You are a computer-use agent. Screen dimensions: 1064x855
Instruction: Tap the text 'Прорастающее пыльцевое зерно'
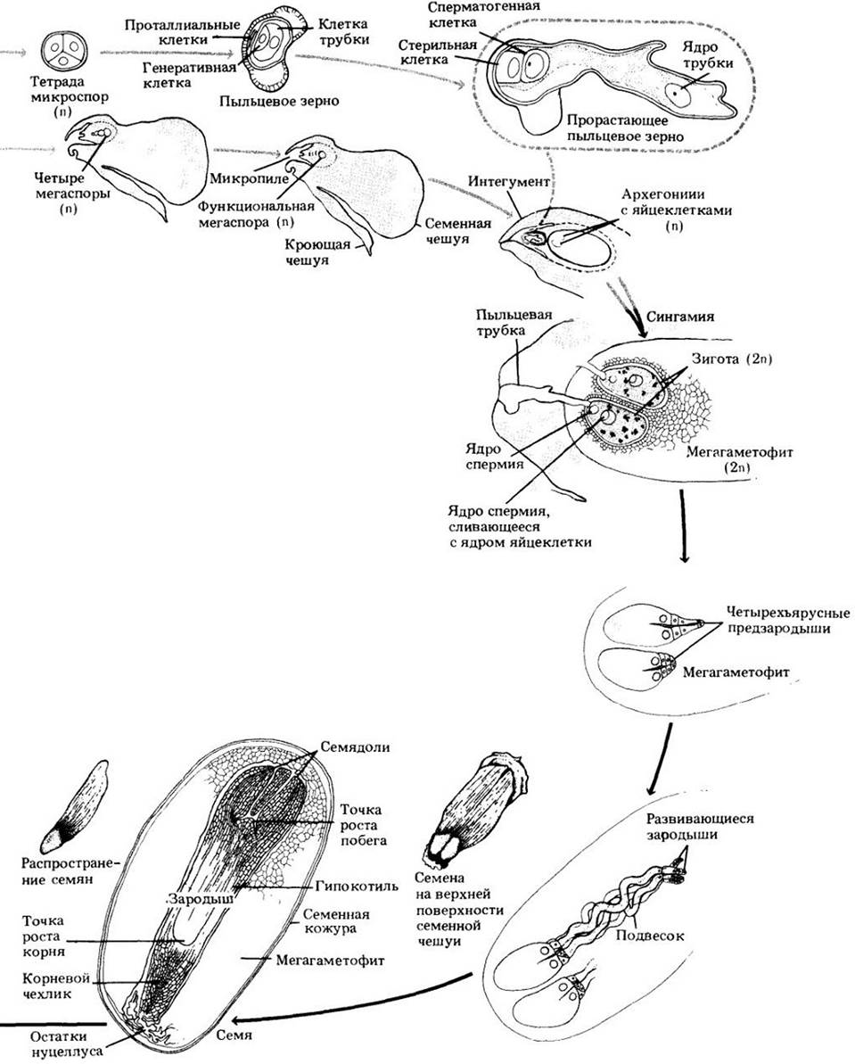[x=623, y=128]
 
